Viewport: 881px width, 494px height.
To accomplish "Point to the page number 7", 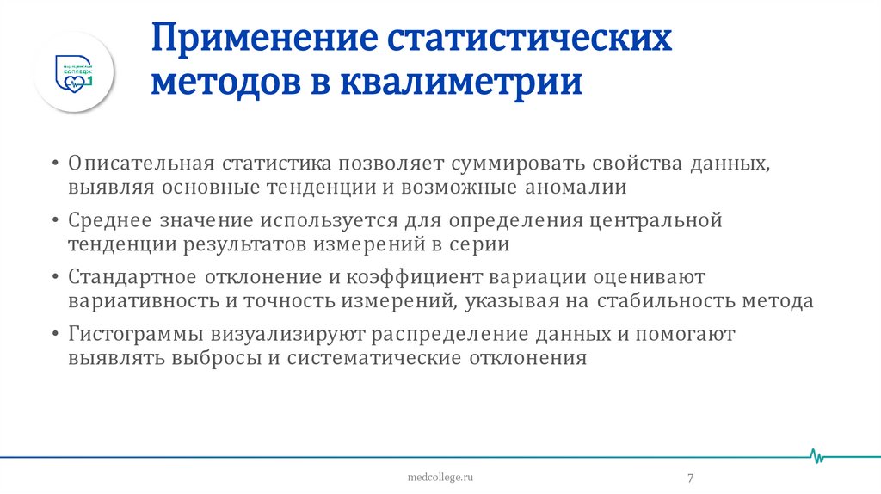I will [691, 479].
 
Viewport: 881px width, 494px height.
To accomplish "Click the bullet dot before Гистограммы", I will [55, 334].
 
